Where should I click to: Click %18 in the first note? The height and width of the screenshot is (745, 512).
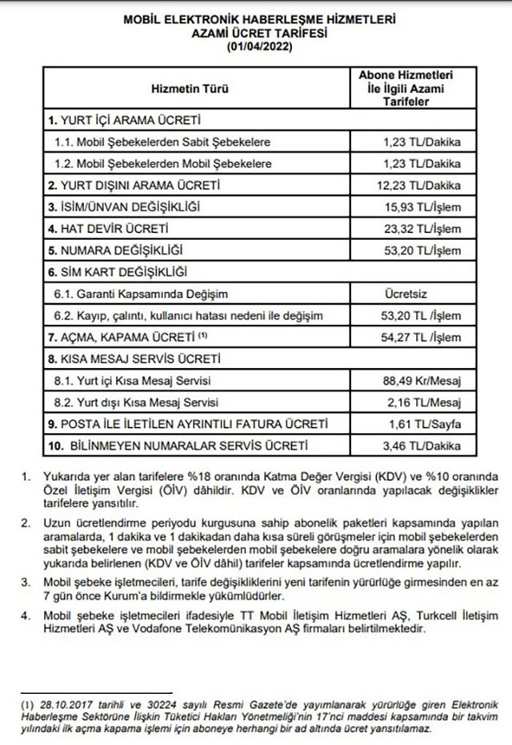tap(195, 478)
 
